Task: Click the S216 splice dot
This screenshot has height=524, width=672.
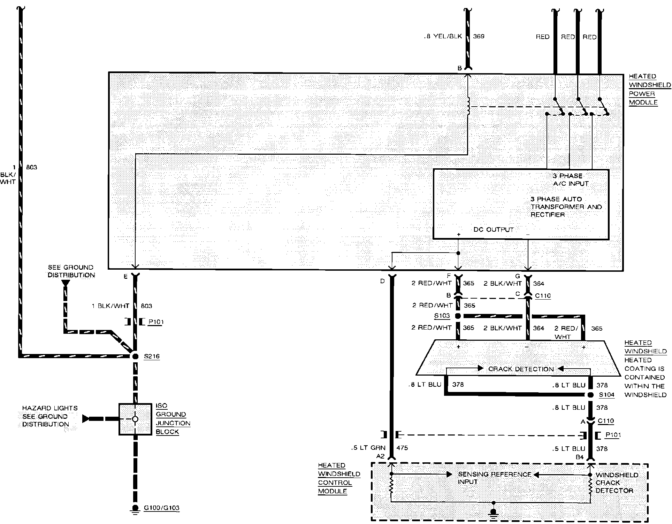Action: tap(135, 356)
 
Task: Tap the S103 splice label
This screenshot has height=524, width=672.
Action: tap(442, 316)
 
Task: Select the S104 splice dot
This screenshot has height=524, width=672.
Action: tap(590, 395)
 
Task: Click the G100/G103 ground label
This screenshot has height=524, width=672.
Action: tap(161, 508)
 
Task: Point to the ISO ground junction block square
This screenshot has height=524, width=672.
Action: tap(135, 419)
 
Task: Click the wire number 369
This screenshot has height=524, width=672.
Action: tap(479, 36)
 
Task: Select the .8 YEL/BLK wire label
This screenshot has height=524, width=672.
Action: tap(443, 36)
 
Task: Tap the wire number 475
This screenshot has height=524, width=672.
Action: tap(402, 448)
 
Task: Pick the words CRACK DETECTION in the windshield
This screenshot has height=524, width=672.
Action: tap(521, 369)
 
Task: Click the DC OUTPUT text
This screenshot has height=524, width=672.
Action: tap(494, 230)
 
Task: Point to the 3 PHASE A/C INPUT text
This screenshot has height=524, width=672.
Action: tap(571, 180)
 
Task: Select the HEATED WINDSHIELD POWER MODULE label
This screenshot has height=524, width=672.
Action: tap(649, 89)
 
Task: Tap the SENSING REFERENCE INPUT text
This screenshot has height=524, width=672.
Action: tap(494, 478)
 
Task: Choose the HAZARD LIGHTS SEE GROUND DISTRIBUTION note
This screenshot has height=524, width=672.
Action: tap(50, 416)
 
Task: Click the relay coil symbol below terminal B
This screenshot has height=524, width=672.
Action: tap(468, 106)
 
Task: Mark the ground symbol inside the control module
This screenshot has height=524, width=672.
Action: tap(494, 513)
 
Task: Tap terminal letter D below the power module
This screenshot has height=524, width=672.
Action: tap(382, 281)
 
